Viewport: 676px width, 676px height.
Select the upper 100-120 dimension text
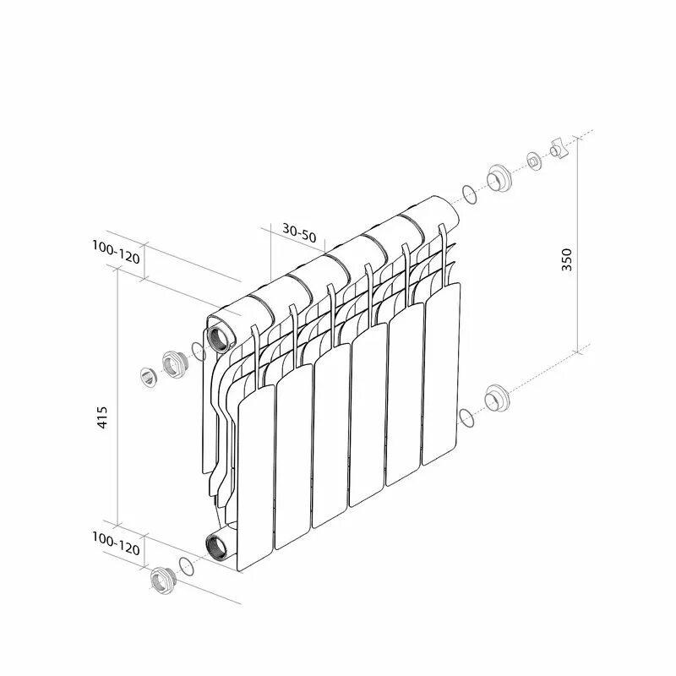(116, 252)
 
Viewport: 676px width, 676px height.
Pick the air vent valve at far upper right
(558, 150)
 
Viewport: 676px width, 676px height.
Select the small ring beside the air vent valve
(533, 161)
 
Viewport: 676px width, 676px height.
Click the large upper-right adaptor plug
(498, 179)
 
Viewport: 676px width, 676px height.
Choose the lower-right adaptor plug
(496, 399)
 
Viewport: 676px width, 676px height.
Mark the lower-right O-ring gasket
(466, 417)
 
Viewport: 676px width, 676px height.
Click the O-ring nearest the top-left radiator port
(199, 352)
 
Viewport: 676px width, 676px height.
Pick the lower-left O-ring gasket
(187, 566)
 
